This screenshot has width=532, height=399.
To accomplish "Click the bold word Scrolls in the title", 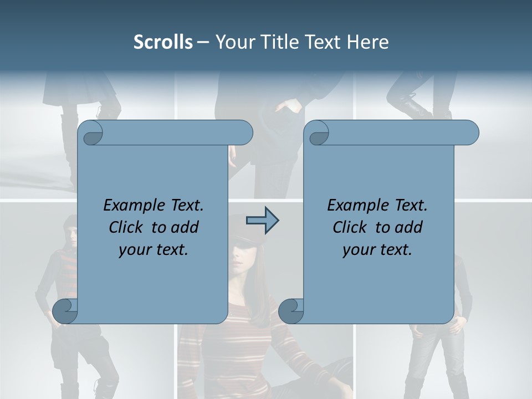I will [163, 42].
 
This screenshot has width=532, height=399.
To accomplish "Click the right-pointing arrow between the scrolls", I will [262, 221].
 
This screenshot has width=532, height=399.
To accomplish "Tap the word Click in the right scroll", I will [349, 227].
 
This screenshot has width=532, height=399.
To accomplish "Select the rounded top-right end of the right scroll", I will [469, 133].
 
